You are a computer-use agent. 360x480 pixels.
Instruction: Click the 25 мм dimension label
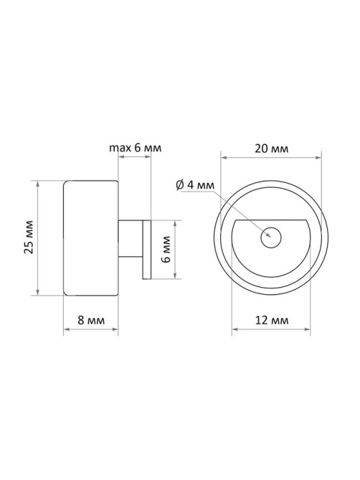click(29, 237)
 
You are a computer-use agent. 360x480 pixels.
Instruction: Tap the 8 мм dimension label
click(91, 320)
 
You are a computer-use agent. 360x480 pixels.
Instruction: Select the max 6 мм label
click(136, 148)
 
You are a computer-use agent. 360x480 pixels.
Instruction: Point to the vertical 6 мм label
click(166, 249)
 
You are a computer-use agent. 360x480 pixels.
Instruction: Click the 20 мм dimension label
click(272, 149)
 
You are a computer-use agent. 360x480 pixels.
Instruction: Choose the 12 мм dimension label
click(272, 320)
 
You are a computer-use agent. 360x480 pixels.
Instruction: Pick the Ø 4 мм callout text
click(195, 185)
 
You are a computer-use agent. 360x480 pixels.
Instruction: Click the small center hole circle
click(271, 237)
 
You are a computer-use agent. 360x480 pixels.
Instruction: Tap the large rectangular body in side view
click(90, 238)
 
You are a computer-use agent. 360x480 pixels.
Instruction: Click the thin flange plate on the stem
click(147, 249)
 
